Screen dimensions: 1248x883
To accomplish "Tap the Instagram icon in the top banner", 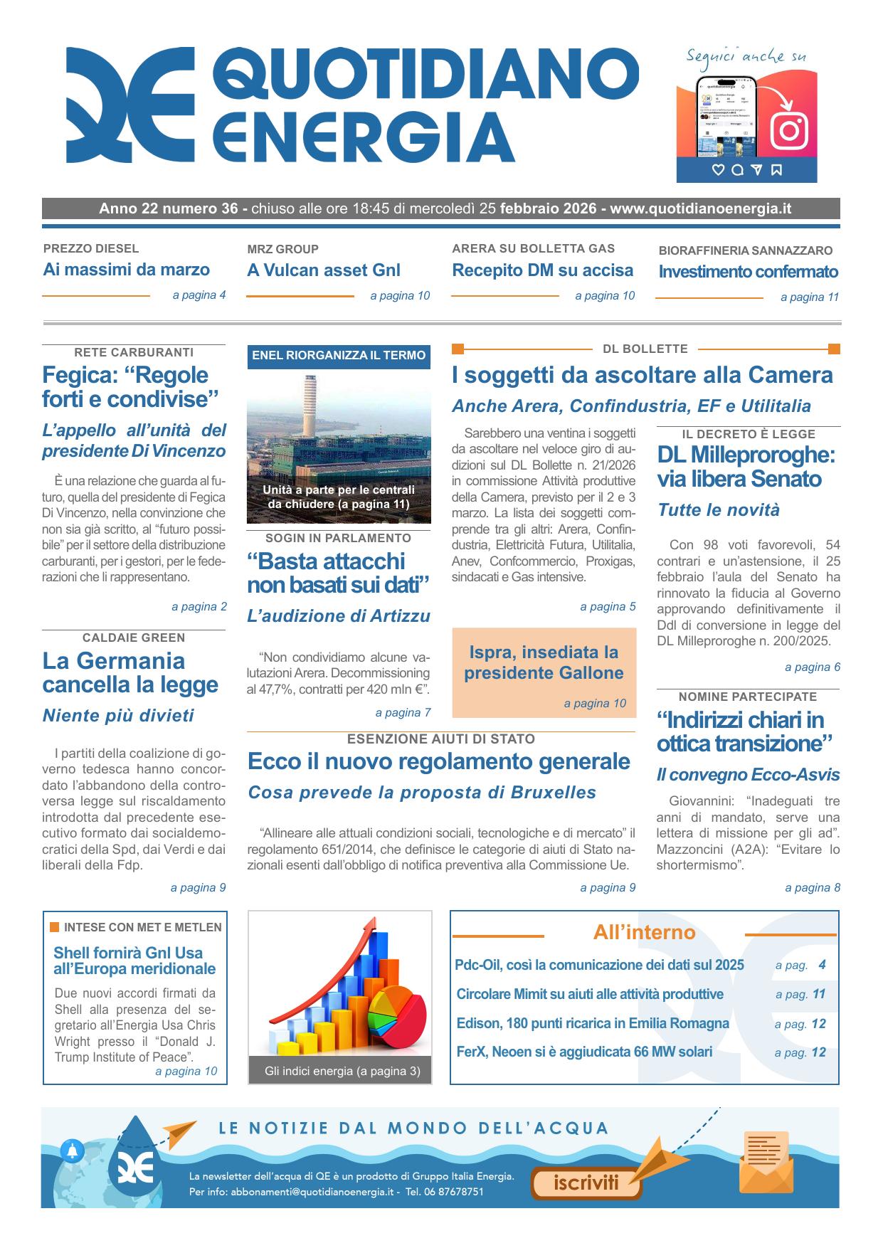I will coord(788,130).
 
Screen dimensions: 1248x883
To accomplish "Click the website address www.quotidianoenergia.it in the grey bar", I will coord(700,209).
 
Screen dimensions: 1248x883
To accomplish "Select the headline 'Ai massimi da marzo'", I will coord(127,270).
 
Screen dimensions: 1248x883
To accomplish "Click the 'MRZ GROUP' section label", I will coord(282,249).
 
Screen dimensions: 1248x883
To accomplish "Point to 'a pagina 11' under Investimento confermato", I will coord(810,297).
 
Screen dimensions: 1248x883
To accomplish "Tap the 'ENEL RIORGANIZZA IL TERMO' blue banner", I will coord(339,356).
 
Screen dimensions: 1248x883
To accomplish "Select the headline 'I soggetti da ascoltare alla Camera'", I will coord(642,375).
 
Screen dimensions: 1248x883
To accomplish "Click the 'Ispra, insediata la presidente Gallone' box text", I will coord(544,662).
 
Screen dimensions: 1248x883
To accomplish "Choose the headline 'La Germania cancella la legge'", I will coord(130,672).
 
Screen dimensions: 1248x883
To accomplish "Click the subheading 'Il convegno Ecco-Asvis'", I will coord(748,775).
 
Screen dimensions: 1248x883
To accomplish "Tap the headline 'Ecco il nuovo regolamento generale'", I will coord(439,761).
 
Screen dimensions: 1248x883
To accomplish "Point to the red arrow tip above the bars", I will coord(370,924).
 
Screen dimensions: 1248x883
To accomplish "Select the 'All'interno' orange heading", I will coord(644,933).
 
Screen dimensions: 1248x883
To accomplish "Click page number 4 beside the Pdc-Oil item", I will coord(822,966).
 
